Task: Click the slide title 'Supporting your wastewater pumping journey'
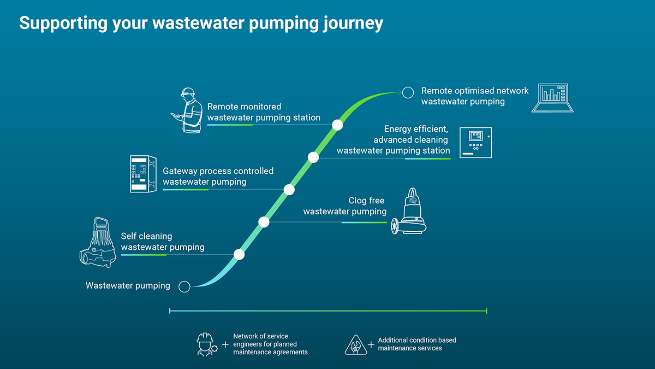[x=201, y=23]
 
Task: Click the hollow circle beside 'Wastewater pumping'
[x=184, y=286]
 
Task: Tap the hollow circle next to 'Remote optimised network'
[x=408, y=92]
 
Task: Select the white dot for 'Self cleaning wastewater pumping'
[x=239, y=254]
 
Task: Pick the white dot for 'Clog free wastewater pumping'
[x=264, y=222]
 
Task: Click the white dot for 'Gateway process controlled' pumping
[x=289, y=190]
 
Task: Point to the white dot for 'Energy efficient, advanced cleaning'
[x=313, y=157]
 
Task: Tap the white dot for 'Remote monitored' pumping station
[x=337, y=125]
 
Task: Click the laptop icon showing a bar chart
[x=552, y=98]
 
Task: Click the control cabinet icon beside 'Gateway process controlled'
[x=143, y=174]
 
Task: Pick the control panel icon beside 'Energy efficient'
[x=475, y=142]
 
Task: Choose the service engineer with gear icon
[x=206, y=344]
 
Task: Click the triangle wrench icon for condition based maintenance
[x=355, y=344]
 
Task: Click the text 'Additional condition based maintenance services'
[x=417, y=344]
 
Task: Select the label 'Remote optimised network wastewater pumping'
[x=474, y=96]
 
